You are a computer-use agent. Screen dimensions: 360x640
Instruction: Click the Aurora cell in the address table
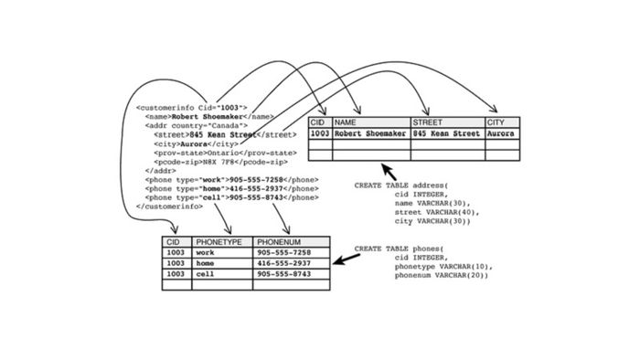pyautogui.click(x=501, y=133)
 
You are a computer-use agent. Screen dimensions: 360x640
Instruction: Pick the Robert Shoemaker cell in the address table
pyautogui.click(x=370, y=133)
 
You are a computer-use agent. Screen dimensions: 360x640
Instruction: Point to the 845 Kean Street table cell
pyautogui.click(x=447, y=133)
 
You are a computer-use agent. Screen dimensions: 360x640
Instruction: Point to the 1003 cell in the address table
pyautogui.click(x=320, y=133)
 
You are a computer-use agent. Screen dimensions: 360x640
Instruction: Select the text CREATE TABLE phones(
pyautogui.click(x=399, y=249)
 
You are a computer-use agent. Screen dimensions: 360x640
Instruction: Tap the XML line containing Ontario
pyautogui.click(x=212, y=153)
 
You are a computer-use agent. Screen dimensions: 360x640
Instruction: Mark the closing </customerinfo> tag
pyautogui.click(x=169, y=206)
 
